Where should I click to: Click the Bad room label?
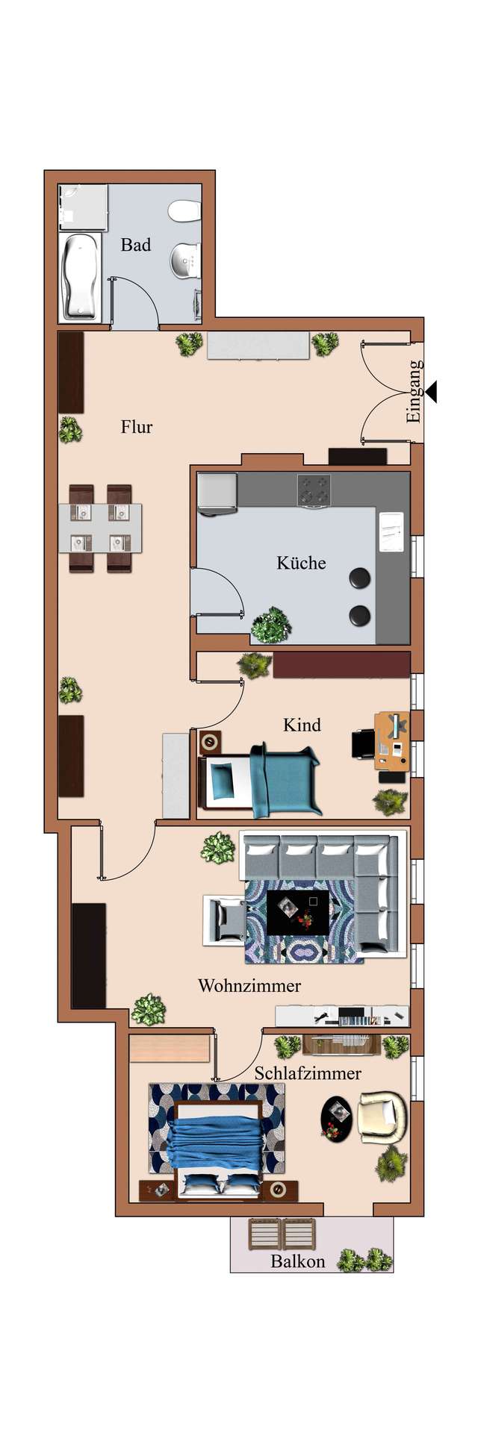136,245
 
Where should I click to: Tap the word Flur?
137,427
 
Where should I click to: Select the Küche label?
301,562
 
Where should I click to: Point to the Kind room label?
302,725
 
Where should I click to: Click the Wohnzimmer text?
249,985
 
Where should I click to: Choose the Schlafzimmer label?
308,1073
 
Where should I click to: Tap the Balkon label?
298,1261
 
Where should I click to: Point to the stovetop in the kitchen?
314,490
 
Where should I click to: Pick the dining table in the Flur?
100,528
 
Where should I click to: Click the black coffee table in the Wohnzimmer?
297,912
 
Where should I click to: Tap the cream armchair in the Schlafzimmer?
382,1117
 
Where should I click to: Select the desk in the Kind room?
391,741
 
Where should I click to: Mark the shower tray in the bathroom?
83,207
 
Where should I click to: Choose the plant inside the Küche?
270,625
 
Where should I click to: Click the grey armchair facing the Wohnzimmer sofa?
226,920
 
